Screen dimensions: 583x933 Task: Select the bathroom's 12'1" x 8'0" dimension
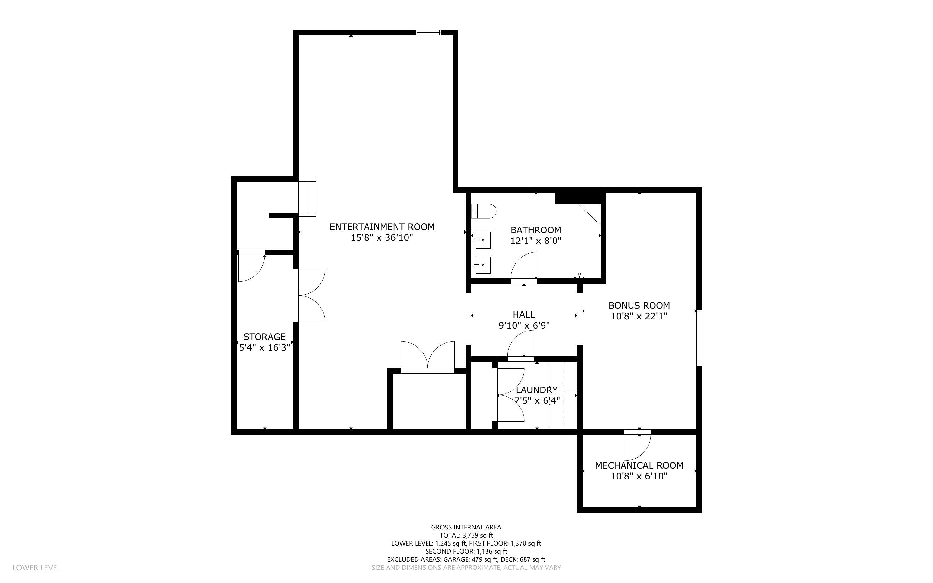(x=536, y=241)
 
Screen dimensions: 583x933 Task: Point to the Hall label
(x=523, y=315)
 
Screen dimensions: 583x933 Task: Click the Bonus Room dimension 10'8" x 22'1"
(x=639, y=316)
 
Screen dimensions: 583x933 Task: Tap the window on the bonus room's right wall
(x=699, y=337)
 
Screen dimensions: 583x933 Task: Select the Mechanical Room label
(x=639, y=465)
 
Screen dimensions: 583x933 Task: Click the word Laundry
(x=536, y=390)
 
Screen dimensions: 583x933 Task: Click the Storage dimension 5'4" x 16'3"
(x=264, y=347)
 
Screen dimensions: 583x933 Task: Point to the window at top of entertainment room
(x=428, y=32)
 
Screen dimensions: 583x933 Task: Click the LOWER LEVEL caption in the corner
(x=37, y=568)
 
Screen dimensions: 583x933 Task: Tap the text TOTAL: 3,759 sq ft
(x=466, y=535)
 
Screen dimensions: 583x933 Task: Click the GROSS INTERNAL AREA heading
(x=466, y=527)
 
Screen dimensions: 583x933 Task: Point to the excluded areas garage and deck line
(x=466, y=559)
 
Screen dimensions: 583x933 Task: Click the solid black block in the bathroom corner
(x=578, y=197)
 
